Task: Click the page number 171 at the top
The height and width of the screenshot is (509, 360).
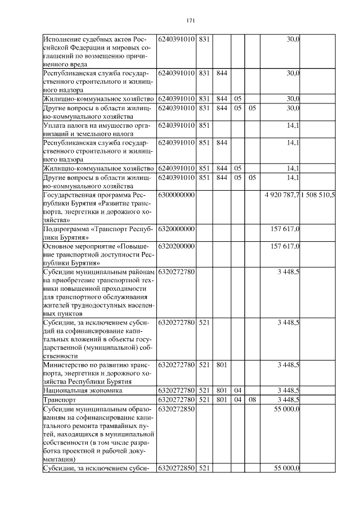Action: point(190,21)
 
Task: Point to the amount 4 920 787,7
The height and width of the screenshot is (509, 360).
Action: point(282,195)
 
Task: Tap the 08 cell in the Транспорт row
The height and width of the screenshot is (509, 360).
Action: point(252,399)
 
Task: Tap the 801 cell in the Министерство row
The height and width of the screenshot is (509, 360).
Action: point(221,364)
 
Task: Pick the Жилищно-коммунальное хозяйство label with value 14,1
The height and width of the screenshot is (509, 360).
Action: point(98,168)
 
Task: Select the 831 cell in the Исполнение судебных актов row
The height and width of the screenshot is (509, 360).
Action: point(204,39)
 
